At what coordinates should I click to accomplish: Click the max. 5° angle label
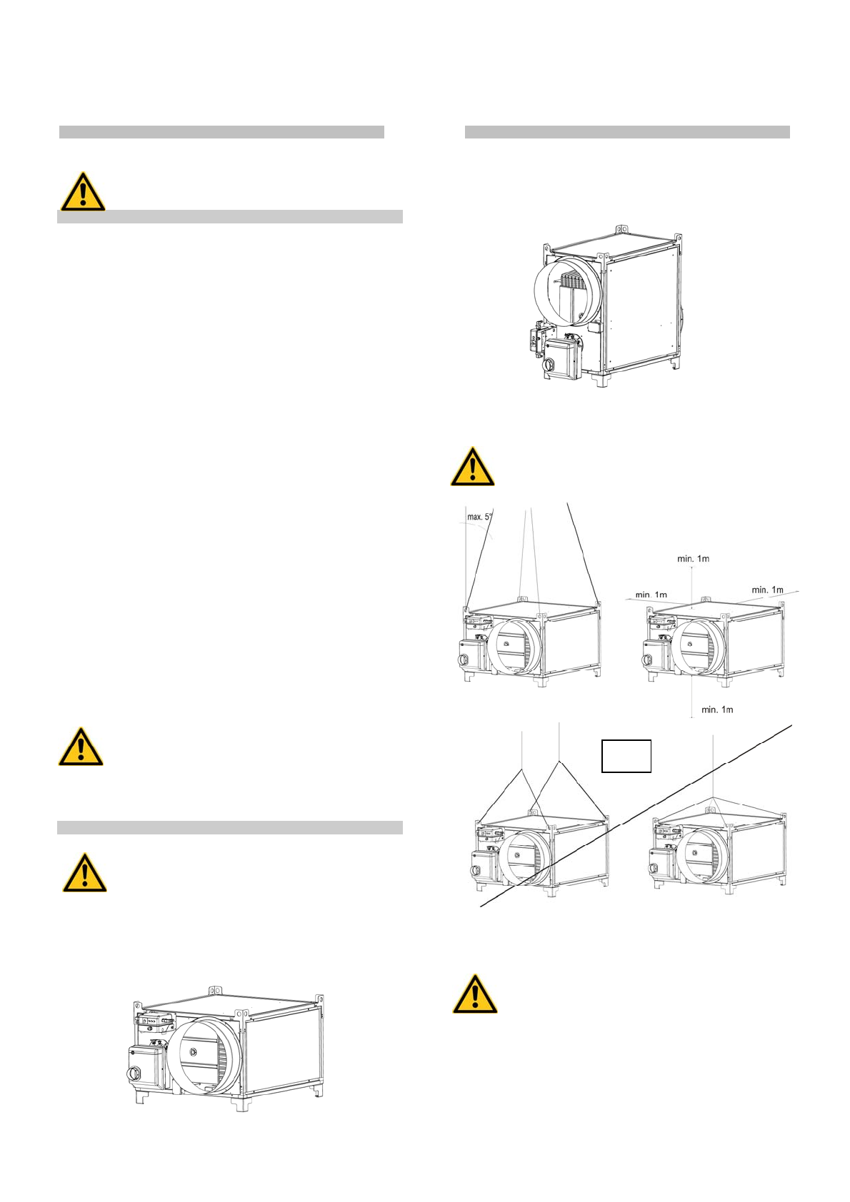click(x=480, y=516)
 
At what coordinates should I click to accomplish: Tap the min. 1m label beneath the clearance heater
click(x=717, y=709)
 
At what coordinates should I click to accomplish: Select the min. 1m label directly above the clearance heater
click(x=693, y=559)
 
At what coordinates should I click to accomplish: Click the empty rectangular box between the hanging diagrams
click(x=626, y=756)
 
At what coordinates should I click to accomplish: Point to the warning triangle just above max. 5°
click(x=472, y=468)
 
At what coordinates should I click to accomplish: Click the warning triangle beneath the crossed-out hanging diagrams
click(x=474, y=994)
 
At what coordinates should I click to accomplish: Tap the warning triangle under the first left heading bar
click(x=83, y=191)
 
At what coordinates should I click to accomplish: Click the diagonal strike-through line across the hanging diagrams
click(x=636, y=816)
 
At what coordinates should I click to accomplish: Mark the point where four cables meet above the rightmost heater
click(x=713, y=797)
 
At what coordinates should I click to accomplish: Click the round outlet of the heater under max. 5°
click(x=515, y=647)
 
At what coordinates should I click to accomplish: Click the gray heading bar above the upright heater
click(x=627, y=132)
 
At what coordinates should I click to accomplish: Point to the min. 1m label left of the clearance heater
click(x=651, y=595)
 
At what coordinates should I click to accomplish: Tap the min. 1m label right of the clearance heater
click(x=767, y=590)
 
